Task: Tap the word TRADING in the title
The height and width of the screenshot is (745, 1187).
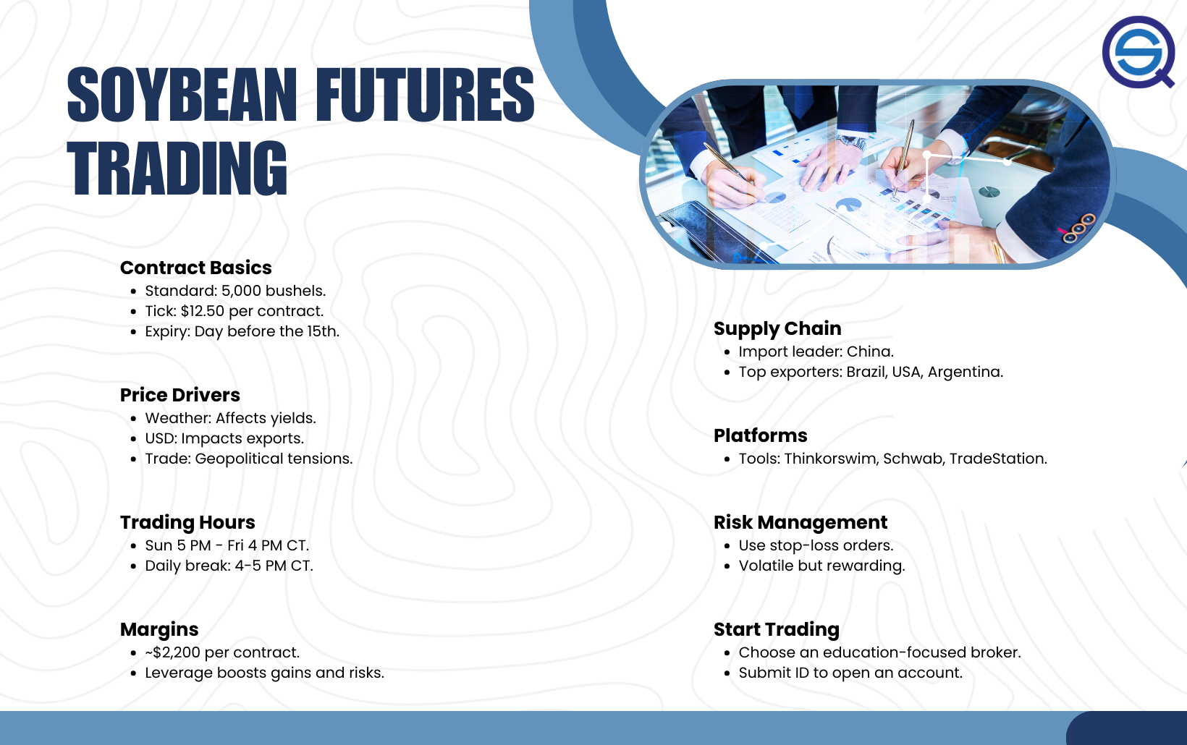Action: click(177, 169)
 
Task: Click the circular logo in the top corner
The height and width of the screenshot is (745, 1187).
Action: click(1139, 52)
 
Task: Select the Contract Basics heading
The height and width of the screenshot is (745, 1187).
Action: click(195, 268)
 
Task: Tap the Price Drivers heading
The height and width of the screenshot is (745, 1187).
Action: click(179, 395)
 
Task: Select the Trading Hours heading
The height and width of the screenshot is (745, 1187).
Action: click(187, 523)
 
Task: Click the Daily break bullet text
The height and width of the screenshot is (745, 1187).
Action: click(229, 566)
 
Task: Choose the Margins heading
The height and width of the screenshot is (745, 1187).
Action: click(159, 629)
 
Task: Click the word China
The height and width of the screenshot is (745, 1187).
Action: click(869, 352)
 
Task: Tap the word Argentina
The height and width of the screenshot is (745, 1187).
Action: click(965, 372)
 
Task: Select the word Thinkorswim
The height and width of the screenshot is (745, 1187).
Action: click(832, 459)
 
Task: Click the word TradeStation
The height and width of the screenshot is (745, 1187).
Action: click(998, 459)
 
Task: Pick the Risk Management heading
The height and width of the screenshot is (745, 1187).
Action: click(801, 523)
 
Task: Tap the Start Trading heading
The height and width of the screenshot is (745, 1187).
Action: click(777, 629)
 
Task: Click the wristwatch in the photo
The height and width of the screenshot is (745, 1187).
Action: click(852, 142)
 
